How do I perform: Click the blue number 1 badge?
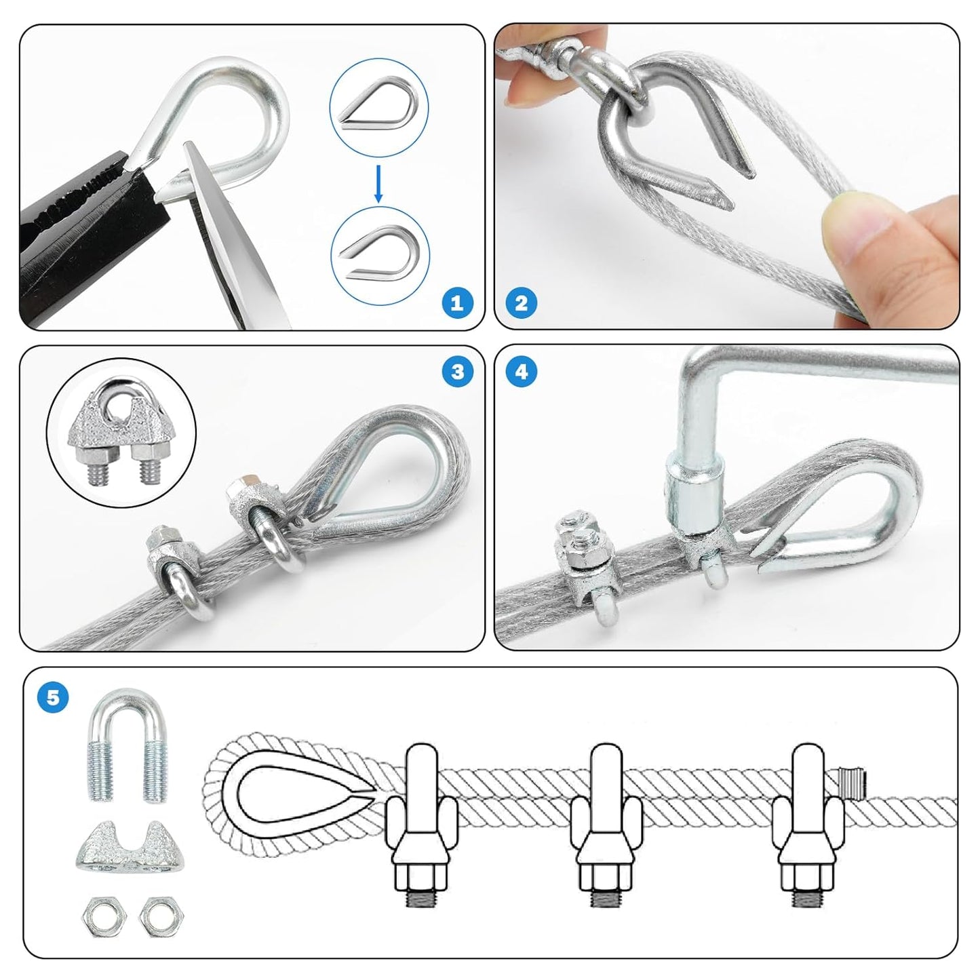(457, 302)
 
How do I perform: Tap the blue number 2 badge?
(521, 302)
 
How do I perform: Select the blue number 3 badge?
(457, 372)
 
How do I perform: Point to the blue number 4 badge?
(521, 372)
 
